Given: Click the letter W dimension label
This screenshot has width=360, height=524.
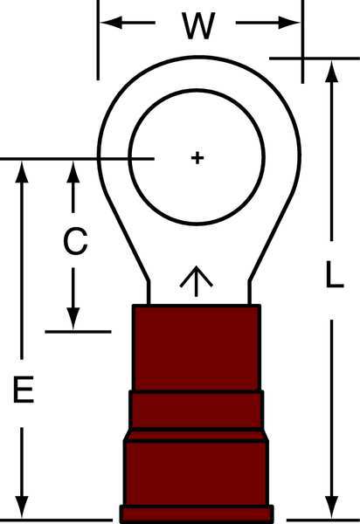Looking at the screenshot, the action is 197,25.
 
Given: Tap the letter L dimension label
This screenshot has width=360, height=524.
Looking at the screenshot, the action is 335,275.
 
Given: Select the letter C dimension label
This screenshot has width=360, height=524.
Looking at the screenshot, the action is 75,241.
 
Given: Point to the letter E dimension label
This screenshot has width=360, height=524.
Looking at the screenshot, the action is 24,389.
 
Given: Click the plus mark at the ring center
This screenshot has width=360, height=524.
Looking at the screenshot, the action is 197,158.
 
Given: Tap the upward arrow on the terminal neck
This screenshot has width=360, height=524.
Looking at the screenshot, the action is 197,281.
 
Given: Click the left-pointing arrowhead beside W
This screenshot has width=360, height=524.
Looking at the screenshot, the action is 111,23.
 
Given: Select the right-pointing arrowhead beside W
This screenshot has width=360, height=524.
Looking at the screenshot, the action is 289,23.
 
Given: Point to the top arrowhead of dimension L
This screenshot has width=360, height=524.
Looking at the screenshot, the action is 331,72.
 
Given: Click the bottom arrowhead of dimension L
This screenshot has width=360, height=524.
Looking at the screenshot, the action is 331,507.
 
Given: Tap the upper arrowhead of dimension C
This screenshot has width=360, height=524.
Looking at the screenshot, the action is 73,172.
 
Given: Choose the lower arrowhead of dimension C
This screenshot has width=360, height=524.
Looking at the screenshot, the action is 73,319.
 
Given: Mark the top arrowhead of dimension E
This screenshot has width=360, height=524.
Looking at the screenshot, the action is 22,172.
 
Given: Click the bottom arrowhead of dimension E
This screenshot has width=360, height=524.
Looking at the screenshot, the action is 22,507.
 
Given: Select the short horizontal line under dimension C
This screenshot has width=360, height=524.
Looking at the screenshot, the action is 78,332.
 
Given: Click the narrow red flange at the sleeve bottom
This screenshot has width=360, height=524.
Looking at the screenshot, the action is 197,514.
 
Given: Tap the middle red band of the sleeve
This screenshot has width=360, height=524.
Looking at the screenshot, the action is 197,410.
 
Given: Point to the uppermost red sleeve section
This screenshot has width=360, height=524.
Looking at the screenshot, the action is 197,348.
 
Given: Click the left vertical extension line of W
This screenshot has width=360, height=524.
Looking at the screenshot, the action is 98,40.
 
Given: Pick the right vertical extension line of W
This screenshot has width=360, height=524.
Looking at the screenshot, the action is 302,42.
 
